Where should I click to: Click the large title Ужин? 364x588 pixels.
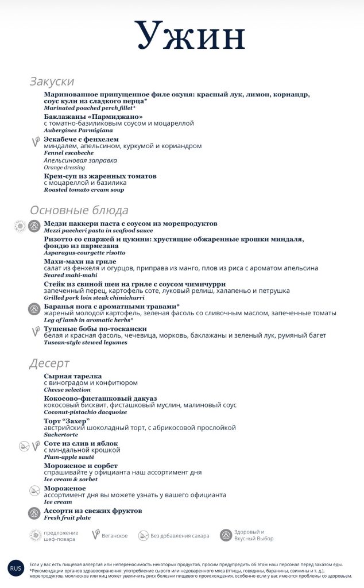coord(190,36)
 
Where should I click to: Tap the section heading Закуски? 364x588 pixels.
coord(52,82)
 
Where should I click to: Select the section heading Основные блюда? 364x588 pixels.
coord(79,210)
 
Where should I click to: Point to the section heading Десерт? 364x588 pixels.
coord(49,363)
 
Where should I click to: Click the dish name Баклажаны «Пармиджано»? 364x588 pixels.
coord(93,117)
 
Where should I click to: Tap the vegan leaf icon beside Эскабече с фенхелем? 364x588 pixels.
coord(34,140)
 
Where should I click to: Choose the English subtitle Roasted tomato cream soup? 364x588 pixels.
coord(84,190)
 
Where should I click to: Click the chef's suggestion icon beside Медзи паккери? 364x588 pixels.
coord(20,226)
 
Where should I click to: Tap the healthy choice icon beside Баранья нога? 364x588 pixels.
coord(34,308)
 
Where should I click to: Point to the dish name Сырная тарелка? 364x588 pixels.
coord(72,376)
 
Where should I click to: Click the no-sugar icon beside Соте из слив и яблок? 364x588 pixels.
coord(24,446)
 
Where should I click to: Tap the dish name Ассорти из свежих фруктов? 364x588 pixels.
coord(93,510)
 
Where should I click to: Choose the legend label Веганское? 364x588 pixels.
coord(115,536)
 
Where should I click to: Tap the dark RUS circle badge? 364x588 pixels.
coord(16,568)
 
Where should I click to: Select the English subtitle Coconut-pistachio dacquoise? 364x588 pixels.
coord(86,412)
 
